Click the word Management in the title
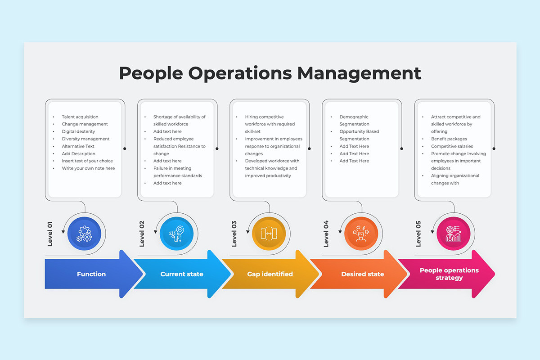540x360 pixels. [x=359, y=73]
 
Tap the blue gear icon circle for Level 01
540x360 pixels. [x=84, y=234]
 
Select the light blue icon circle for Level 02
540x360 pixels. [x=176, y=234]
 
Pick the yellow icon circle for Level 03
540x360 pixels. [x=269, y=234]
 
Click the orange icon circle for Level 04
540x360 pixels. [x=361, y=234]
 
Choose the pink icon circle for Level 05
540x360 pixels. [x=454, y=234]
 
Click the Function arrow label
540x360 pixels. [x=91, y=274]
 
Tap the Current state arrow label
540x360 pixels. [x=182, y=274]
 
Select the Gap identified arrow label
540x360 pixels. [x=270, y=274]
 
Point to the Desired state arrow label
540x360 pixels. [x=363, y=274]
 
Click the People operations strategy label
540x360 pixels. [x=450, y=274]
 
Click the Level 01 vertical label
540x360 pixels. [x=50, y=234]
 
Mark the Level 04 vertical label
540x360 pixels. [x=326, y=234]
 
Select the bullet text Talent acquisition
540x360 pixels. [x=80, y=117]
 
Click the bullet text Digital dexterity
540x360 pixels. [x=78, y=131]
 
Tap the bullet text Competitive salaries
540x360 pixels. [x=452, y=146]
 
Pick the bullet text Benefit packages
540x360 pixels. [x=449, y=139]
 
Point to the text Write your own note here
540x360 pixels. [x=88, y=168]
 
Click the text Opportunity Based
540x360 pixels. [x=359, y=131]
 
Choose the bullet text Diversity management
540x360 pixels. [x=85, y=139]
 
